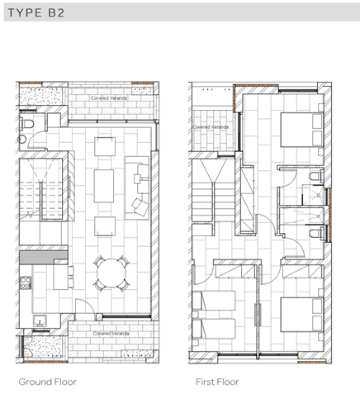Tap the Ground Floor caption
point(47,382)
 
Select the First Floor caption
point(217,382)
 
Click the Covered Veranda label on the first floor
point(210,127)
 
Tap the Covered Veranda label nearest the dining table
point(109,334)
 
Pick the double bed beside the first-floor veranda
point(296,131)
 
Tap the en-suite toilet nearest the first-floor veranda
point(314,178)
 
